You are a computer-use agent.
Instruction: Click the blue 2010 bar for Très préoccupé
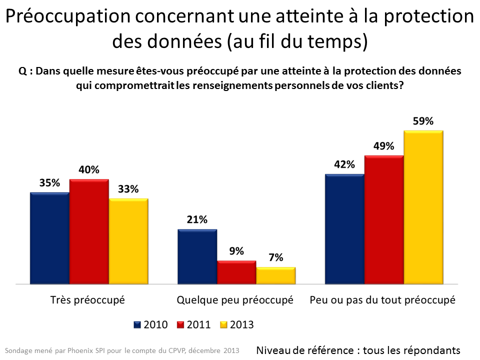tap(49, 238)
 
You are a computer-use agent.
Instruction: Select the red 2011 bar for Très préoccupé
tap(89, 231)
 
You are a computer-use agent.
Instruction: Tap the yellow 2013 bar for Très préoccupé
tap(128, 241)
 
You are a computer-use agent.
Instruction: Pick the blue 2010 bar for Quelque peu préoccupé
tap(197, 256)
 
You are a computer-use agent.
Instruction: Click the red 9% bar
tap(236, 272)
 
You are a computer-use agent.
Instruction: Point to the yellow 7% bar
tap(276, 275)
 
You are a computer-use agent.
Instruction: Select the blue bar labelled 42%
tap(344, 229)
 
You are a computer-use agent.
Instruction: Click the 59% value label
tap(423, 121)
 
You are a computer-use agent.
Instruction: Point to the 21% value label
tap(196, 220)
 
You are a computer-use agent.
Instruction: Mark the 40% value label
tap(89, 170)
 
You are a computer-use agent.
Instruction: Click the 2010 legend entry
tap(151, 325)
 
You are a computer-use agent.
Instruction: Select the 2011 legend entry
tap(194, 325)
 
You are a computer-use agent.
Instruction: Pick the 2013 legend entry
tap(237, 325)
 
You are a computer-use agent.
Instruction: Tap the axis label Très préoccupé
tap(87, 300)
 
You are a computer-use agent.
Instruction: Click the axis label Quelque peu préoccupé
tap(235, 300)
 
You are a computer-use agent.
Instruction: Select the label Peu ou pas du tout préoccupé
tap(382, 300)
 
